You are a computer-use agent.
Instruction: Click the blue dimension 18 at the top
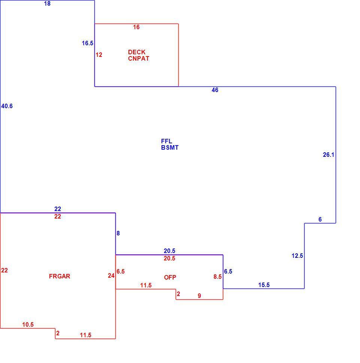point(47,4)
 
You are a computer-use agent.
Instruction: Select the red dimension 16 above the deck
point(136,27)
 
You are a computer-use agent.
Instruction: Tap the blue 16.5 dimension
point(87,43)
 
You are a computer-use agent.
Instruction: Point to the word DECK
point(137,52)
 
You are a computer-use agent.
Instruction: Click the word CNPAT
point(139,59)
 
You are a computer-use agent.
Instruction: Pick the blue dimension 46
point(215,90)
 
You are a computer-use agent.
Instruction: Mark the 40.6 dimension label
point(7,106)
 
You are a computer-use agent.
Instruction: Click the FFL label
point(167,141)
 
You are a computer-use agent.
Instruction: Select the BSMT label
point(170,148)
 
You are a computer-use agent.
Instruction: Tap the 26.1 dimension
point(329,155)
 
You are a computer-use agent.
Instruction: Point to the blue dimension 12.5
point(297,256)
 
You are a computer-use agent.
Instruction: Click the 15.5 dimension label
point(264,285)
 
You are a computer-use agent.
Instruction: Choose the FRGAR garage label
point(60,276)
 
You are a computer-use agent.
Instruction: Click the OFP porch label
point(170,277)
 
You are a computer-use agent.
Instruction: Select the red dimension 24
point(111,276)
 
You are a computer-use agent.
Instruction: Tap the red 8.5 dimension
point(217,277)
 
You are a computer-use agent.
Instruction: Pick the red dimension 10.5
point(28,325)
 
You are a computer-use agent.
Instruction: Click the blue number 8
point(118,234)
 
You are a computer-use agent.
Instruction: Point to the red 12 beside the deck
point(99,55)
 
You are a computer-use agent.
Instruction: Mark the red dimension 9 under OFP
point(199,296)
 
